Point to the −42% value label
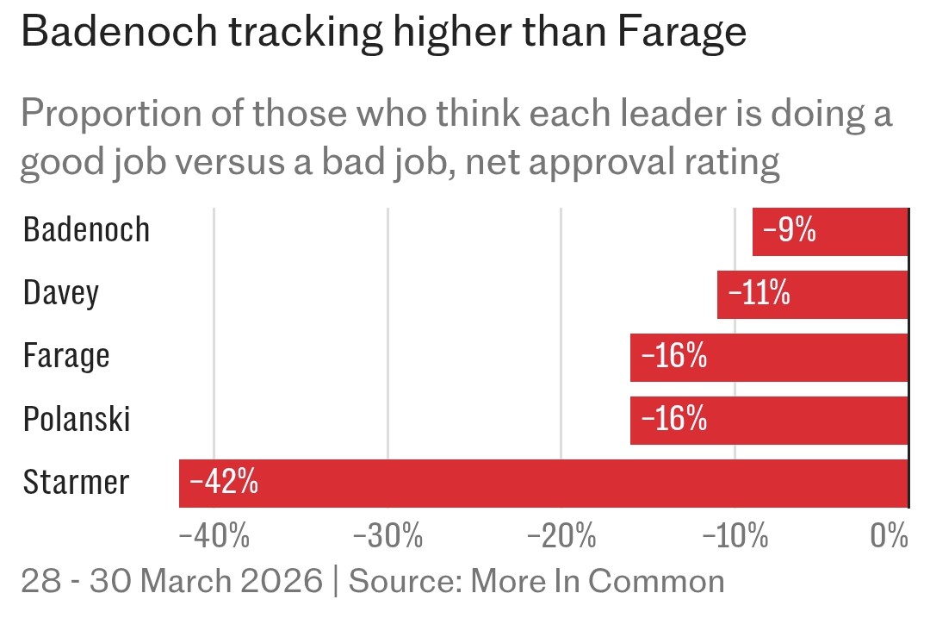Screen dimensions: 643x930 coord(224,483)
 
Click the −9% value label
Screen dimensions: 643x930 coord(789,231)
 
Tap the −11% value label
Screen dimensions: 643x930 coord(759,294)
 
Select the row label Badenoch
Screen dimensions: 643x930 coord(86,231)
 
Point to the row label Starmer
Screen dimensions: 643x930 coord(76,483)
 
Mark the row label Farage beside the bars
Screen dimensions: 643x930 coord(66,357)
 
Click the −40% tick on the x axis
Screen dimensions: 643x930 coord(214,537)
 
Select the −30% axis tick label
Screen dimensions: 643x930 coord(388,537)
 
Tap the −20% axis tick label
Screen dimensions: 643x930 coord(562,537)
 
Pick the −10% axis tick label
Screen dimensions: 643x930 coord(735,537)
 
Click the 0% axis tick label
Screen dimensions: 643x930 coord(890,537)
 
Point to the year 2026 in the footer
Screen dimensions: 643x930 coord(280,582)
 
